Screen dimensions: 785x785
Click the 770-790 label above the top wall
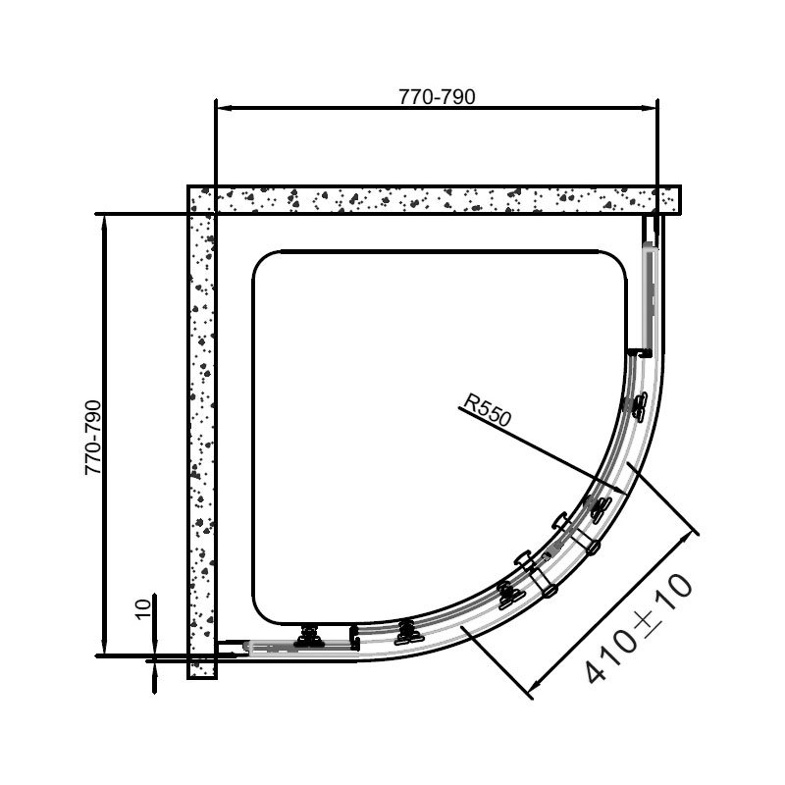(x=437, y=96)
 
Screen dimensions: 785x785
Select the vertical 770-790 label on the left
(x=94, y=438)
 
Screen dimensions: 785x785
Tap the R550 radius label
(x=488, y=409)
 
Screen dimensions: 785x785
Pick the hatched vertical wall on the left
(x=201, y=432)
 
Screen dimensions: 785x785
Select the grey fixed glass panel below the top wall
(x=649, y=294)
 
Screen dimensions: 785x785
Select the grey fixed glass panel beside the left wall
(x=294, y=647)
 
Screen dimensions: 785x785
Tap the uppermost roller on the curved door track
(x=637, y=403)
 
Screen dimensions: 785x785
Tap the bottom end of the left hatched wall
(x=201, y=672)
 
